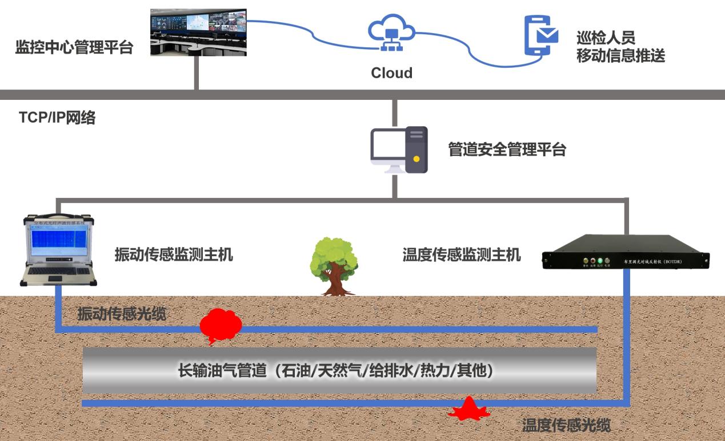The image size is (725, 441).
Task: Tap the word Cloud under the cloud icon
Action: tap(391, 73)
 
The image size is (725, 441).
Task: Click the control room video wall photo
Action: tap(198, 33)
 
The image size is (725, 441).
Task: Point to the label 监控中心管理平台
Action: tap(74, 47)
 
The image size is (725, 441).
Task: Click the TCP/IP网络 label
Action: tap(57, 118)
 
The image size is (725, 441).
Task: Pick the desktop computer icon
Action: tap(399, 150)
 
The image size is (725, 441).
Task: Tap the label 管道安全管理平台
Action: tap(507, 150)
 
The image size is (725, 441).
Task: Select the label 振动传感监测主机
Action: tap(174, 254)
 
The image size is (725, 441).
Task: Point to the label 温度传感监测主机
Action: tap(462, 254)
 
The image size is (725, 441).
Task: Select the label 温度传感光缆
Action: tap(566, 425)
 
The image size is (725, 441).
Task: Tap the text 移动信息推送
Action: tap(620, 56)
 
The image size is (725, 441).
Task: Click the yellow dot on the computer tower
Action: tap(416, 159)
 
